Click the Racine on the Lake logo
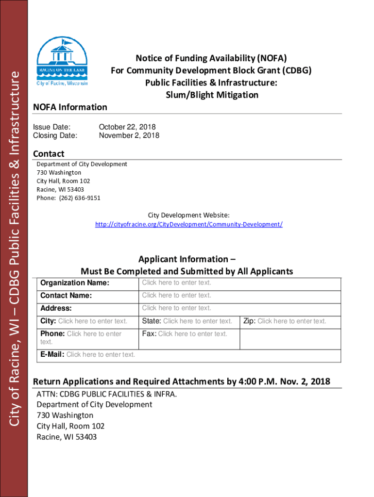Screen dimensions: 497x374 tap(62, 62)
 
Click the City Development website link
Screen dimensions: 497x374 tap(188, 224)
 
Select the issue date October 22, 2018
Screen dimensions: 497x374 tap(127, 127)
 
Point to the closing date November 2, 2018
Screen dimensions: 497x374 tap(129, 135)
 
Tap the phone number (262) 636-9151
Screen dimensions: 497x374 tap(81, 198)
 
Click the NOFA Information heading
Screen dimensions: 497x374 tap(70, 107)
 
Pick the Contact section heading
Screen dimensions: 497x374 tap(49, 154)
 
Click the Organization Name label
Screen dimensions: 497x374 tap(75, 283)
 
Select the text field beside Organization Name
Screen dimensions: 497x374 tap(176, 282)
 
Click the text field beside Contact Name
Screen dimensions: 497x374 tap(176, 295)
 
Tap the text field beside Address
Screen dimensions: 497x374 tap(176, 308)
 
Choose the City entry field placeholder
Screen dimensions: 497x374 tap(93, 321)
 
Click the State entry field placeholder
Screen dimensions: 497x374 tap(198, 321)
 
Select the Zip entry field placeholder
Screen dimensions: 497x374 tap(291, 321)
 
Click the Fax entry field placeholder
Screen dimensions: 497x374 tap(192, 333)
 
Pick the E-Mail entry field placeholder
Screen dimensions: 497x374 tap(101, 354)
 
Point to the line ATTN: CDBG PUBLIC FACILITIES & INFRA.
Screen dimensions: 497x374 tap(107, 394)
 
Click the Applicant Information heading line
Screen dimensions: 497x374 tap(183, 259)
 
